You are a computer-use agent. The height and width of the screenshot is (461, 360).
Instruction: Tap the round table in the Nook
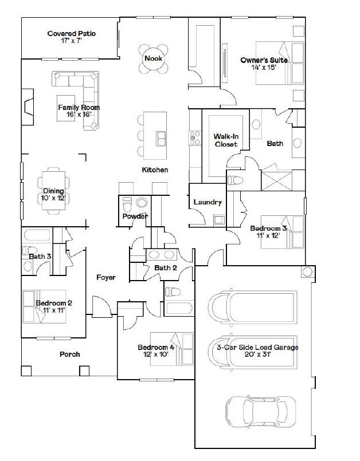[153, 58]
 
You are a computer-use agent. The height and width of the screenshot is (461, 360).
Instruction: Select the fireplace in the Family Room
[28, 107]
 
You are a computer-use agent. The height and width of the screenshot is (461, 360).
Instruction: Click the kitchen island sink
[161, 139]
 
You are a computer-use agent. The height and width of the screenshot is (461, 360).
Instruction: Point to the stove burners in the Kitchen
[194, 137]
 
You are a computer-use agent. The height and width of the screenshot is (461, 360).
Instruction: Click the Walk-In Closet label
[226, 140]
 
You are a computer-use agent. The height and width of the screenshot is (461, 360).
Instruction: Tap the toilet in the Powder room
[127, 204]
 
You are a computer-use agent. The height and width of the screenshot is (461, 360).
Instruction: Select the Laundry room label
[208, 202]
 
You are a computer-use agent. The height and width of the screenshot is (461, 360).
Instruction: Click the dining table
[53, 191]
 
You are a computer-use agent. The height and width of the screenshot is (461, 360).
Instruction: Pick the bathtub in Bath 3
[37, 235]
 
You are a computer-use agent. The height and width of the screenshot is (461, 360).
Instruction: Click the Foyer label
[106, 277]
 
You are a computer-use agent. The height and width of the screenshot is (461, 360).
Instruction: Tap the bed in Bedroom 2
[44, 306]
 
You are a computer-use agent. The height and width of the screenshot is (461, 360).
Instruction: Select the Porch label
[70, 354]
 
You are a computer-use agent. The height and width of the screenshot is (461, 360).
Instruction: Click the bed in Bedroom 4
[172, 349]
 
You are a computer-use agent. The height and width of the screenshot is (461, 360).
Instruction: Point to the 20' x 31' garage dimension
[257, 354]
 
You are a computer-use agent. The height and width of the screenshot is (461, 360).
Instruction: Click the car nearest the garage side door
[260, 412]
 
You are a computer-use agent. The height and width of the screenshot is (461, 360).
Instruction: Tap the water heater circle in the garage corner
[307, 272]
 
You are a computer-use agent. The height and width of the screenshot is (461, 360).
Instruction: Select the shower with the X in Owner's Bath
[277, 180]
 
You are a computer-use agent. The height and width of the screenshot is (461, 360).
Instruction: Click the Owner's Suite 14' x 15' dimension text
[264, 68]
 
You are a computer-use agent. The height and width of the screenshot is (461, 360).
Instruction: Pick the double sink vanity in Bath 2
[162, 255]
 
